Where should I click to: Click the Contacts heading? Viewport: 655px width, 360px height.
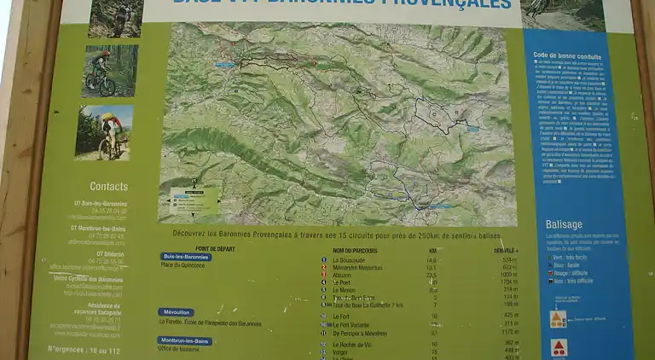(x=108, y=186)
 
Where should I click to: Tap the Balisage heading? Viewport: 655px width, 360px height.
(x=564, y=224)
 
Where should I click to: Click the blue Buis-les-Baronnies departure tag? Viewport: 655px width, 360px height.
(x=186, y=256)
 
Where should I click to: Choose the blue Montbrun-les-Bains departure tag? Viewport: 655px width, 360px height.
(x=185, y=340)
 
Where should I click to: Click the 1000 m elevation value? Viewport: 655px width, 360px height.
(x=509, y=275)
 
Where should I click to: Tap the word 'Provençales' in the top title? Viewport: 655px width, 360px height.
(x=460, y=4)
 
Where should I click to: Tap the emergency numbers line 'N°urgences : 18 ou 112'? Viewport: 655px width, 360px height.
(x=84, y=349)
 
